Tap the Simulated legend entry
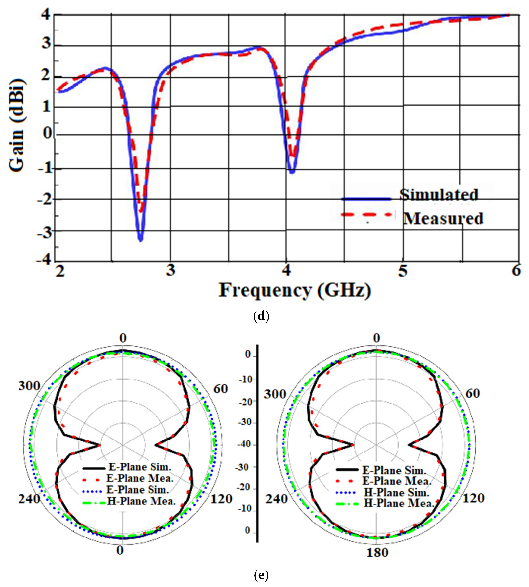(x=438, y=195)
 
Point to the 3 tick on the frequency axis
(x=171, y=271)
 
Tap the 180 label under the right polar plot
(x=377, y=552)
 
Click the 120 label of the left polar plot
(x=221, y=499)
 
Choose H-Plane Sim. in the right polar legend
(x=396, y=493)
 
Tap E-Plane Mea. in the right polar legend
(x=396, y=481)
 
